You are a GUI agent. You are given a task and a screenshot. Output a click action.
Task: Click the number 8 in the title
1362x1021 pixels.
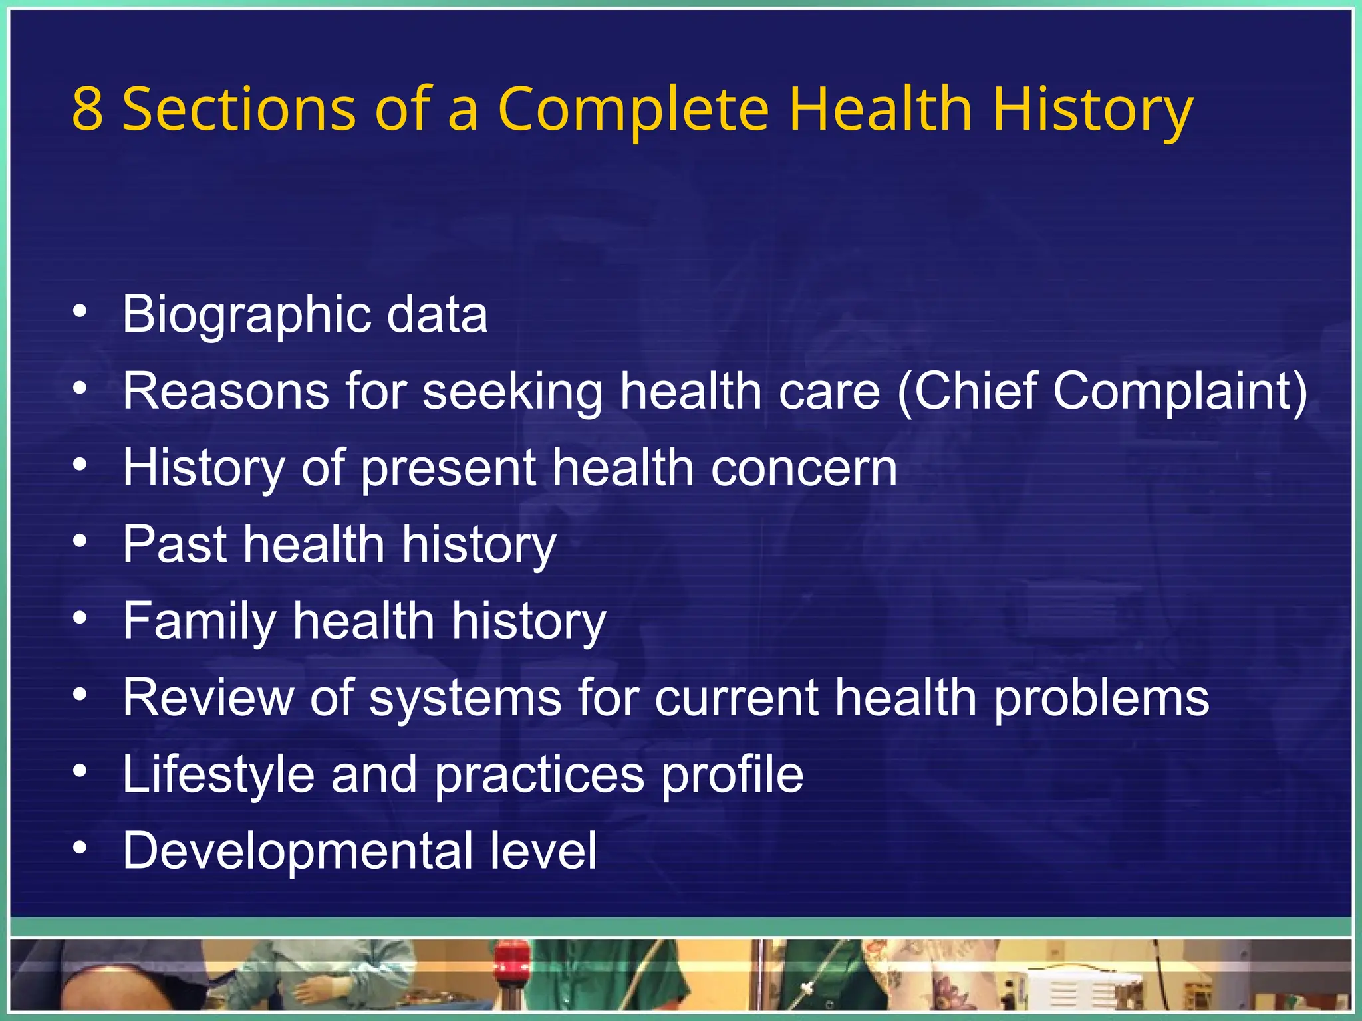88,109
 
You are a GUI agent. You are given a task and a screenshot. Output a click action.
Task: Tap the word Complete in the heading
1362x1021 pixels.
633,110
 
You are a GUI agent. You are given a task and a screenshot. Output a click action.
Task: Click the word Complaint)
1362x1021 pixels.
1180,392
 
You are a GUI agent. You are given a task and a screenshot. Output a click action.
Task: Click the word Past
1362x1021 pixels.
175,544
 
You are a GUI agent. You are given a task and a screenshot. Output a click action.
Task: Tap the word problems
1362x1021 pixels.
1101,699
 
